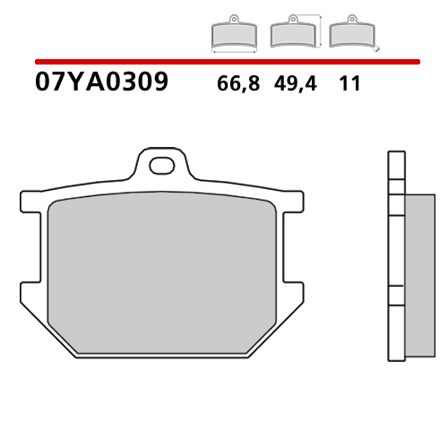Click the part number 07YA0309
point(99,84)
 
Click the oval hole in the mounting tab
point(162,165)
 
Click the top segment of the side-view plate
point(392,166)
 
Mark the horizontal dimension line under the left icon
point(232,53)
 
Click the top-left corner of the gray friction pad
point(55,202)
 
